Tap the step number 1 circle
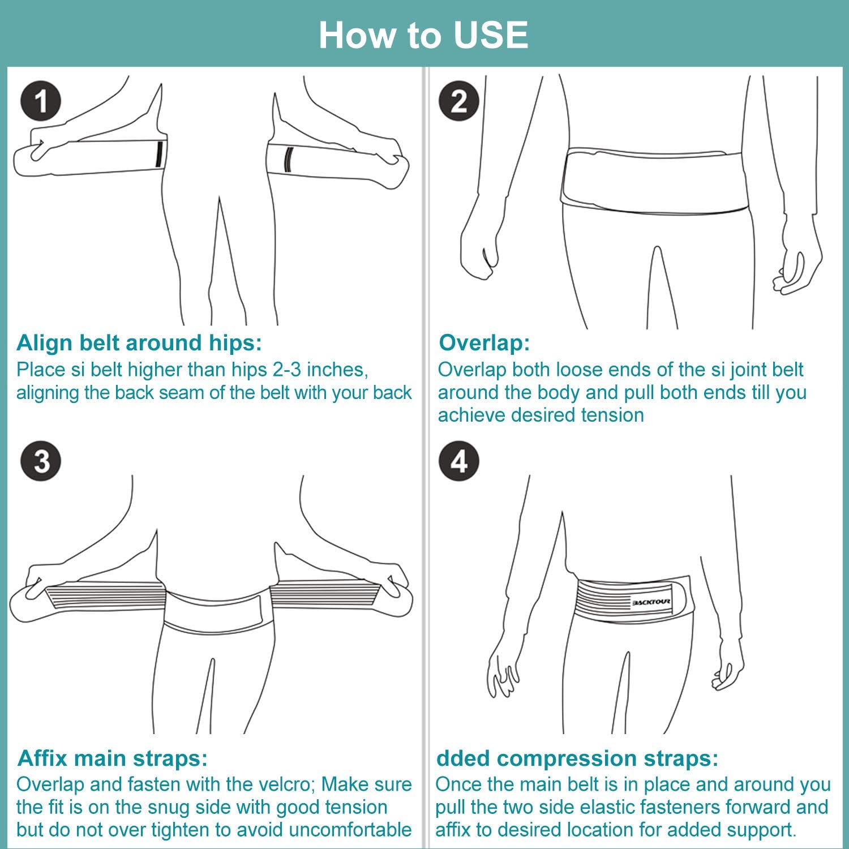click(x=40, y=101)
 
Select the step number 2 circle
click(x=458, y=101)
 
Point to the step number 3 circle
click(x=40, y=461)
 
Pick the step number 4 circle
click(x=458, y=461)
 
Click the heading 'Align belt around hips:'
click(x=139, y=342)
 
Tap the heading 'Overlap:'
click(x=484, y=342)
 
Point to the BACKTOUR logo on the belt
click(x=651, y=602)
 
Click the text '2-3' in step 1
click(x=286, y=370)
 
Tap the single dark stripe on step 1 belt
click(x=159, y=155)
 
